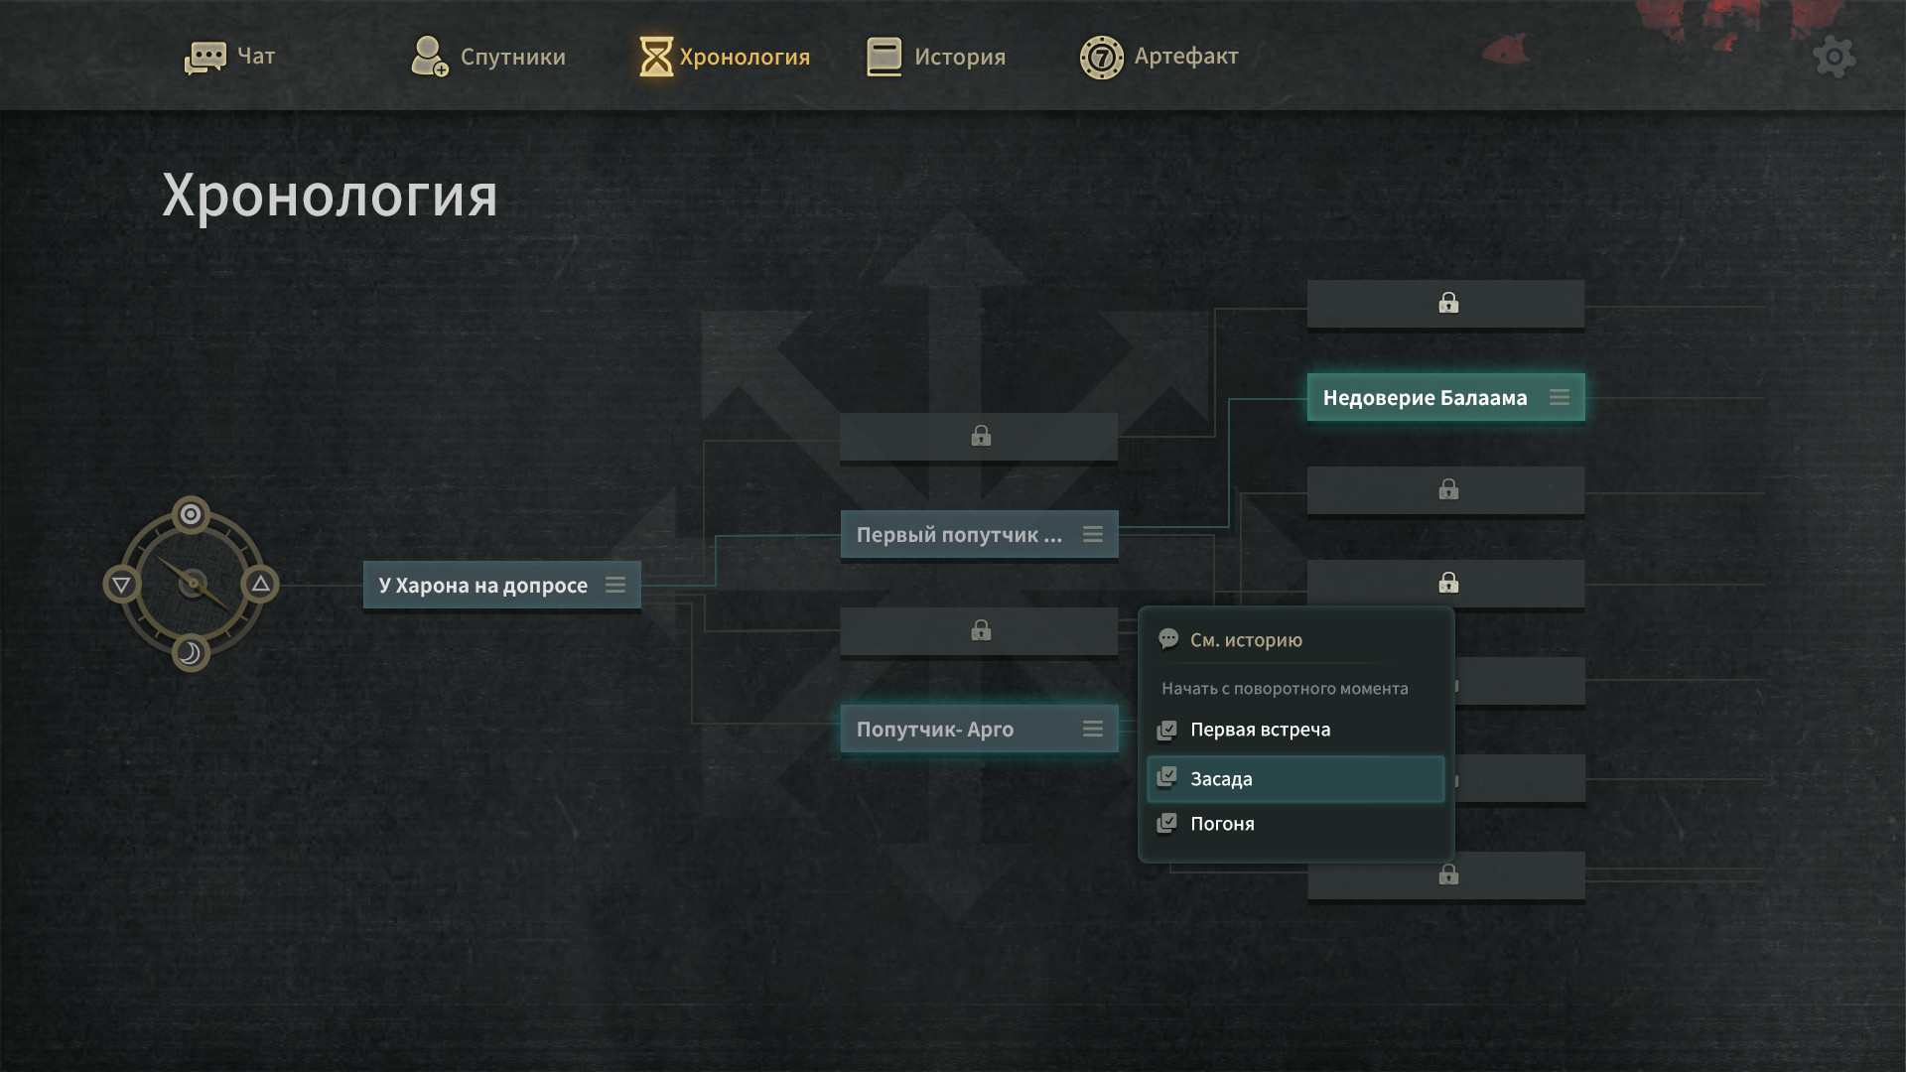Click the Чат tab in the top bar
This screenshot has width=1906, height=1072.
coord(230,57)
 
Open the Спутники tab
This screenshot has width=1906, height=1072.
coord(488,57)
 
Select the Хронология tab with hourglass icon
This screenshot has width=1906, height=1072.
coord(725,57)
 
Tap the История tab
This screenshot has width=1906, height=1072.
coord(936,57)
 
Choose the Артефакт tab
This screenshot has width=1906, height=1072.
coord(1159,57)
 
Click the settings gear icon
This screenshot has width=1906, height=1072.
coord(1834,58)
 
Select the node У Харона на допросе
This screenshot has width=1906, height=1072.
coord(482,586)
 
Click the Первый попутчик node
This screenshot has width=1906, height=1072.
coord(959,535)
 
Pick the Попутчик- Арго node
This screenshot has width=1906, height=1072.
coord(935,730)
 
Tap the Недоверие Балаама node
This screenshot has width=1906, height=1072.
coord(1425,398)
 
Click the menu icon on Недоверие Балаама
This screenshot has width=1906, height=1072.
coord(1560,397)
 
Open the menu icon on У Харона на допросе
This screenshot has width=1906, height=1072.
coord(615,585)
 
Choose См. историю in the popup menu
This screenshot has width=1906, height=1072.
coord(1246,640)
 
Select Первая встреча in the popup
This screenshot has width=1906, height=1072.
coord(1260,730)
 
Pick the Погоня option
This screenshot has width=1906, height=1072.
coord(1222,824)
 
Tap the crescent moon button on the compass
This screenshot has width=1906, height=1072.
coord(191,653)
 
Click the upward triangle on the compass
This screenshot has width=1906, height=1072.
coord(261,584)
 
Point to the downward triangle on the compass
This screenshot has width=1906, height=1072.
coord(121,585)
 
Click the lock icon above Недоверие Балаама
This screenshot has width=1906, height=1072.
coord(1448,303)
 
